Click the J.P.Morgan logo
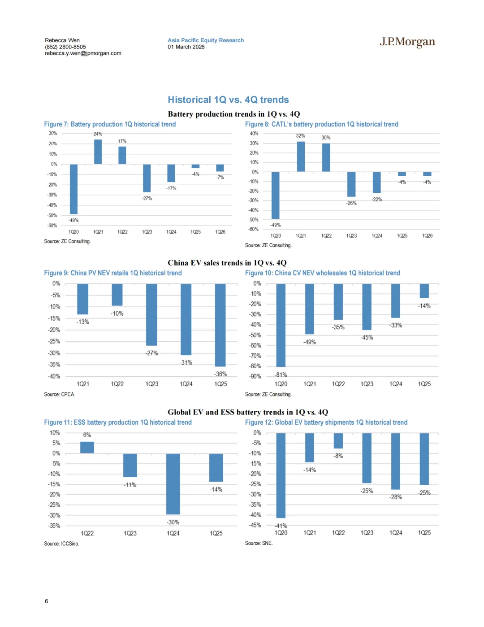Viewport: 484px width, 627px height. [407, 42]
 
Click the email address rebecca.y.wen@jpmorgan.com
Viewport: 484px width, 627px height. [83, 53]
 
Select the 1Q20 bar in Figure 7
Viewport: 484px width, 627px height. [73, 189]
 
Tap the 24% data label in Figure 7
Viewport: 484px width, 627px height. [98, 134]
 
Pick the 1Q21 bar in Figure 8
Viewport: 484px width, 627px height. [301, 157]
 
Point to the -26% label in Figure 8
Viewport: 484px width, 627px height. [351, 204]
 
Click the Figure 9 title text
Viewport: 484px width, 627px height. [112, 273]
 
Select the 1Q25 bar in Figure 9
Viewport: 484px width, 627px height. [220, 325]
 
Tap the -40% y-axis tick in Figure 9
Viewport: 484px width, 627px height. [54, 376]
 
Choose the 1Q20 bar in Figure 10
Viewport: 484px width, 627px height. [281, 325]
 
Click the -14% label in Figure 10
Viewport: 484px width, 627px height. [424, 306]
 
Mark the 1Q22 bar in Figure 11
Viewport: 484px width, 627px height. [87, 448]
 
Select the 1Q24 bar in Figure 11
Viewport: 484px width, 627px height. [173, 484]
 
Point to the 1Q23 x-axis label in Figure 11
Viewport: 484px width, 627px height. [130, 533]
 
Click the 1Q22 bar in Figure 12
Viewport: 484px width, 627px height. [338, 440]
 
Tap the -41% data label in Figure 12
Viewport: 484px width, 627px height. [281, 526]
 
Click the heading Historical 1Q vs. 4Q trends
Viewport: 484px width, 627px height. [228, 100]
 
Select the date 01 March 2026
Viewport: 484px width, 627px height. [186, 47]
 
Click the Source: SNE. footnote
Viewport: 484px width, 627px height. [259, 543]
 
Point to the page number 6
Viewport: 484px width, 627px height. [46, 601]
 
